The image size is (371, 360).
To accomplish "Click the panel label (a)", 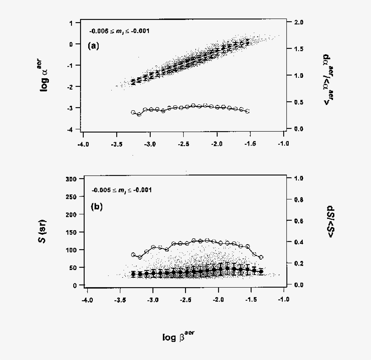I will pos(93,45).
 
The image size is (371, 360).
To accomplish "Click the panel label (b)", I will pos(97,207).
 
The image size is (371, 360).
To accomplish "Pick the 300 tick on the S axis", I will pos(71,179).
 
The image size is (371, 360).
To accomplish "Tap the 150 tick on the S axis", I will pos(71,232).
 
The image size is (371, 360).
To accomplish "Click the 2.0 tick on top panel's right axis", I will pos(298,22).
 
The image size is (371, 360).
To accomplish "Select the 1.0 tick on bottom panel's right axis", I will pos(298,178).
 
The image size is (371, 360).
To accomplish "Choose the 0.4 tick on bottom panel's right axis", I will pos(298,242).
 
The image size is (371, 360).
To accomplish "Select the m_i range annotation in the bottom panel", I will pos(122,190).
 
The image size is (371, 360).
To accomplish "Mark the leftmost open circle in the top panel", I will pos(133,112).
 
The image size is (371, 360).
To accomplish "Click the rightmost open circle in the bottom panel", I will pos(261,257).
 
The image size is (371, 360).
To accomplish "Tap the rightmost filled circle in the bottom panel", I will pos(261,272).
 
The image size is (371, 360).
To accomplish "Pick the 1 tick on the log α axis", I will pos(72,23).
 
